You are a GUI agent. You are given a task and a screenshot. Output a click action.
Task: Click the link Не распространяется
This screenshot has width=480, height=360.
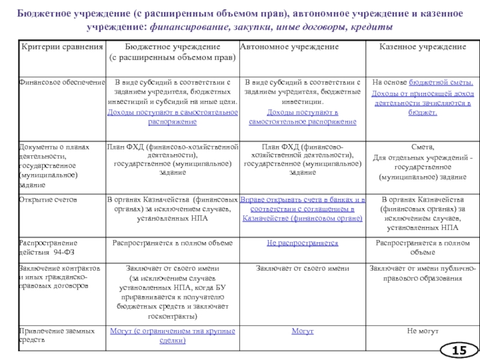[302, 242]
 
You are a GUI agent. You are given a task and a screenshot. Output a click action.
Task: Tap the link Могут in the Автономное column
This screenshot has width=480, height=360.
[302, 331]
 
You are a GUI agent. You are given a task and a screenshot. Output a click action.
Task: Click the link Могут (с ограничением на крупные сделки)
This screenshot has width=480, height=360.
[172, 335]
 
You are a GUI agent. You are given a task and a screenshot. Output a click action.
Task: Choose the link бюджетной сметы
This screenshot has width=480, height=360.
[441, 82]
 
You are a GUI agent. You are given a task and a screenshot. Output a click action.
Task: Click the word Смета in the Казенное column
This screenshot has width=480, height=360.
[422, 148]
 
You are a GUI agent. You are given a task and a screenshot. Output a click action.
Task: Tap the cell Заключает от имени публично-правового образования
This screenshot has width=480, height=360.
[422, 273]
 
